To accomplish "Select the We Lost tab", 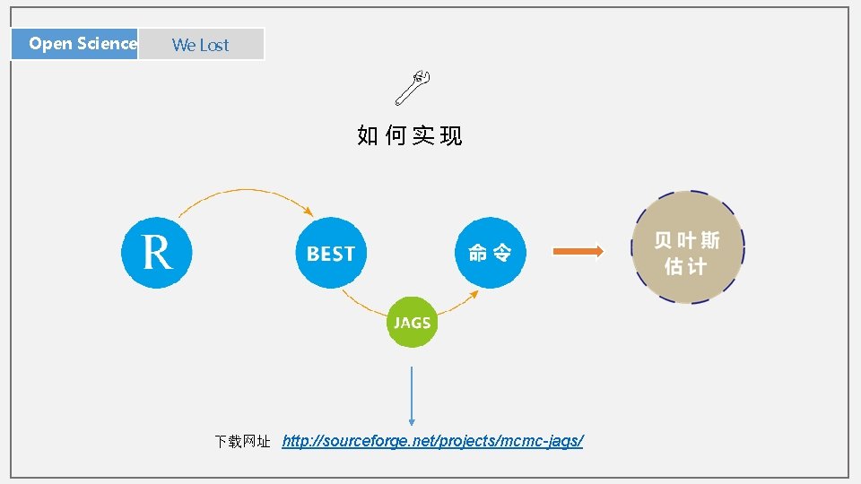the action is pos(201,44).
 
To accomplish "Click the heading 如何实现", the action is pos(410,136).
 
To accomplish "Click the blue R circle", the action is pos(157,252).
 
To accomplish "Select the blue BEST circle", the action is pos(331,254).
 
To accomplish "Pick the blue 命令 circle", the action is pos(490,253).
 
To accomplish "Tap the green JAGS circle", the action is pos(413,323).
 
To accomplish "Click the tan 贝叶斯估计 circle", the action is pos(688,253).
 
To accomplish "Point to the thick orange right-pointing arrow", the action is pos(578,252).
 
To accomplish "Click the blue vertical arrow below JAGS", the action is pos(412,394).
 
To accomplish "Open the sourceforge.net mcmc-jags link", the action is pos(432,441).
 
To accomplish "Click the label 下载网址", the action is pos(242,442).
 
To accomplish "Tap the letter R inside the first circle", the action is pos(157,252).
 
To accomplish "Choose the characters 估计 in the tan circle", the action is pos(686,266).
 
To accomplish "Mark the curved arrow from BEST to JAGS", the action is pos(359,305).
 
